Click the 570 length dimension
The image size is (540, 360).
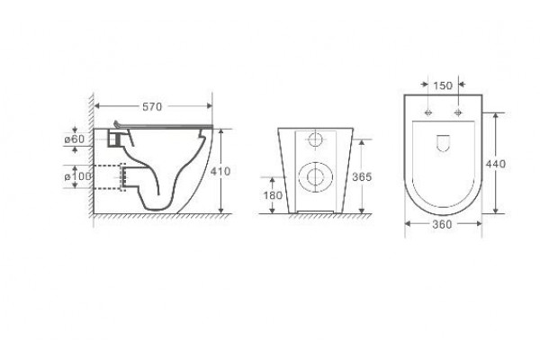click(x=152, y=107)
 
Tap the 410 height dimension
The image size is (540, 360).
click(x=220, y=171)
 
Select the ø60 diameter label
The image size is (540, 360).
click(x=75, y=139)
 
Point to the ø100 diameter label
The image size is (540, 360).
click(x=77, y=176)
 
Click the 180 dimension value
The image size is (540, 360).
click(x=273, y=195)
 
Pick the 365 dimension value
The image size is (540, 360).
click(x=362, y=177)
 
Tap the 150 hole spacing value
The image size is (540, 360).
click(x=443, y=85)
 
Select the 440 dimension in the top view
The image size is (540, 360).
click(x=496, y=164)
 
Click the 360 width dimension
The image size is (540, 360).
click(x=442, y=225)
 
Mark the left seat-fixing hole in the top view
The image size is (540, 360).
click(x=428, y=112)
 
